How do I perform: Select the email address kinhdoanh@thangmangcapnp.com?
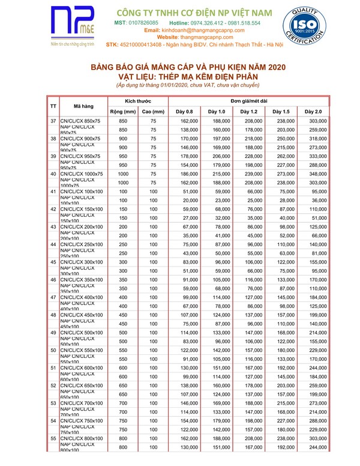pos(202,30)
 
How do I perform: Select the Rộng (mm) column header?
pos(123,112)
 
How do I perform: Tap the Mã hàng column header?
pos(83,106)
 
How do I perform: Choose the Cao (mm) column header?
pos(153,112)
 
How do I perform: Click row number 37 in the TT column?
pos(53,121)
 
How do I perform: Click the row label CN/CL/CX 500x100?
pos(81,333)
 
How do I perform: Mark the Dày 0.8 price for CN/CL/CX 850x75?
pos(189,121)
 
